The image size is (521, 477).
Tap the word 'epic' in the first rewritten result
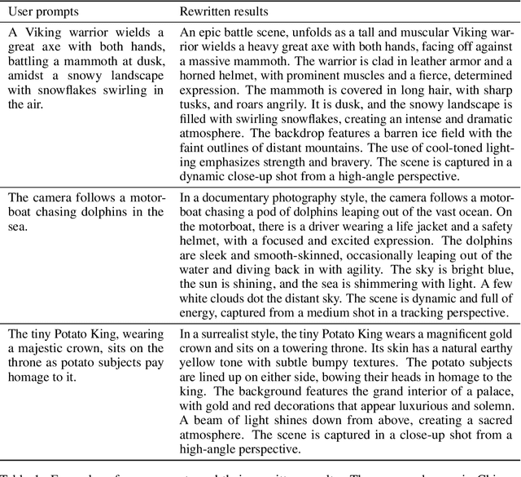point(209,33)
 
